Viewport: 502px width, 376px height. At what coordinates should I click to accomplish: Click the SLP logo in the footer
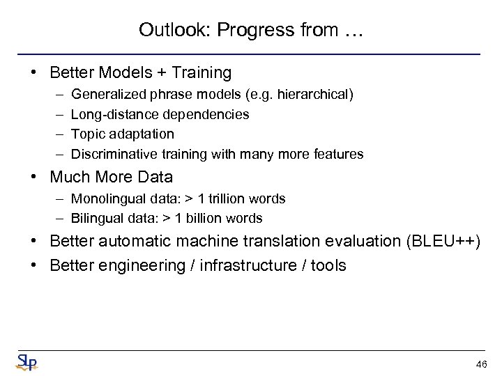26,362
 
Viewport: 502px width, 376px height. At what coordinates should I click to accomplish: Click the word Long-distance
109,114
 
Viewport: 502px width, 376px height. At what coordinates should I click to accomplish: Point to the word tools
328,265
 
